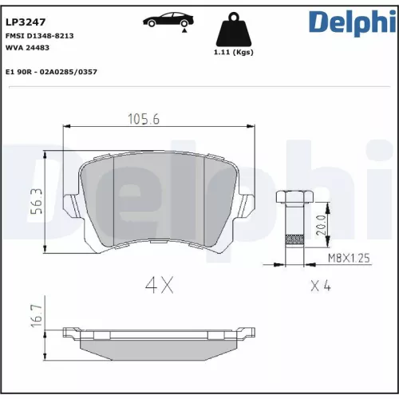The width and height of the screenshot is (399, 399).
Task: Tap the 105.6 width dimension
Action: (x=145, y=120)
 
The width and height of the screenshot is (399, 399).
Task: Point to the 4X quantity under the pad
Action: (x=158, y=284)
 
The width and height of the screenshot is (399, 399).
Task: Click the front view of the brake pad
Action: (x=160, y=199)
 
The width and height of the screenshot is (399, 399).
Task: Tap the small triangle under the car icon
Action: (x=184, y=30)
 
